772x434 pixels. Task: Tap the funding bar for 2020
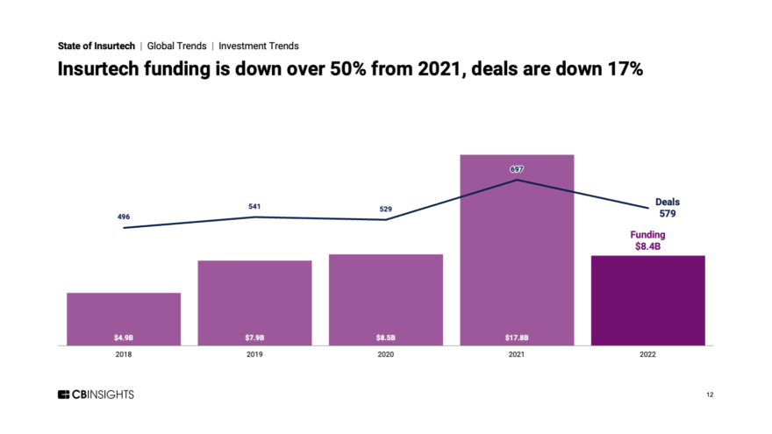386,299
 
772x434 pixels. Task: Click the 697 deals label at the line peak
518,168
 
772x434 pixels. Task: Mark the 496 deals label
124,216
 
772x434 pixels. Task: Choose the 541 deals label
254,207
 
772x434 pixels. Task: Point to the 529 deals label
386,210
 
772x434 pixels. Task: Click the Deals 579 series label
667,207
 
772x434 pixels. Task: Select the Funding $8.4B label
648,241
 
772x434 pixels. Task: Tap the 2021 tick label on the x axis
518,355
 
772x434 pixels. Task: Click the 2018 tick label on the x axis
124,355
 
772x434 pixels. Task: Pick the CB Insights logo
96,395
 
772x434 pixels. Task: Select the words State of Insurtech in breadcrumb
96,46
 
